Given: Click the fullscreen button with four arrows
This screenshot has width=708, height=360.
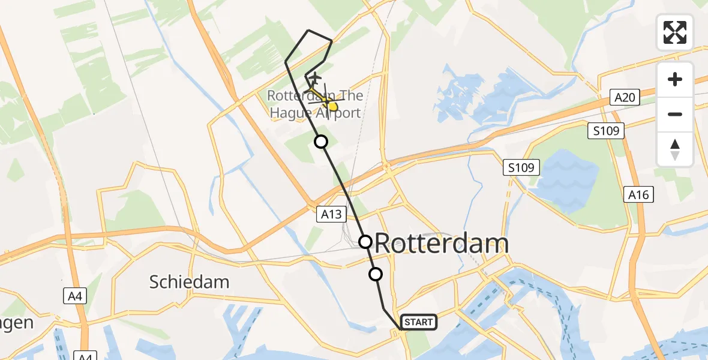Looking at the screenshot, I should point(675,32).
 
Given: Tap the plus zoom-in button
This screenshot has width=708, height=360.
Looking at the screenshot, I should point(675,79).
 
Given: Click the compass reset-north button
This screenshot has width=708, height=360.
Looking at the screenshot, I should point(675,149).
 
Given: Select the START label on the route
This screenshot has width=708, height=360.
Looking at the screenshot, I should point(419,322).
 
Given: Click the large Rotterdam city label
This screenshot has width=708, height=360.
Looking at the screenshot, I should point(443,244).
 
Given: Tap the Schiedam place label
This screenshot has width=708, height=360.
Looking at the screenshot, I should point(189,281).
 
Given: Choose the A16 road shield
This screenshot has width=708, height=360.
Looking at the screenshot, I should point(638,194).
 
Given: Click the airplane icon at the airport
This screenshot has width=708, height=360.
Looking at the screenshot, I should point(314,77).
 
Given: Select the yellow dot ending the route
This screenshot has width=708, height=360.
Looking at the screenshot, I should point(332,106).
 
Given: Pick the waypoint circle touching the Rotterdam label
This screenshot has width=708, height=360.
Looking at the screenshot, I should point(365,242).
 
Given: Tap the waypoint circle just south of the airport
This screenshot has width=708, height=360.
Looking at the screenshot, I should point(321,142).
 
